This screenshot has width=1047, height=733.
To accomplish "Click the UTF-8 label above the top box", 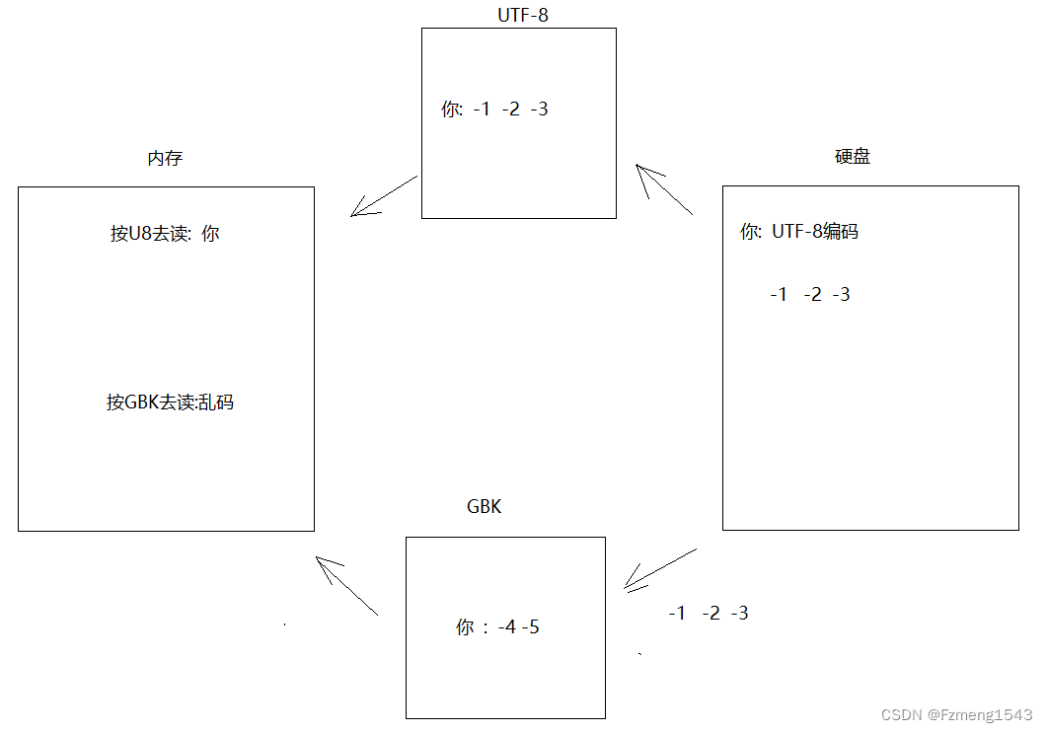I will [523, 15].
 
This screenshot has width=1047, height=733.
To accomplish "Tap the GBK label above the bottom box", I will [484, 507].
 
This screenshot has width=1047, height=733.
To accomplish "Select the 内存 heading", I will [165, 158].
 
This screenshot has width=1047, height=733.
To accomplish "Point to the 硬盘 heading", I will [853, 157].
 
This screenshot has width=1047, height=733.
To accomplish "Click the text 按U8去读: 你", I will [165, 234].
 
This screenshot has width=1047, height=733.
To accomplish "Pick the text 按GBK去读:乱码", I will [171, 403].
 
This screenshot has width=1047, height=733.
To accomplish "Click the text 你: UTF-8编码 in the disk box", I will [799, 233].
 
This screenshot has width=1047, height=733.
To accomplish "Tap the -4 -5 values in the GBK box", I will [518, 627].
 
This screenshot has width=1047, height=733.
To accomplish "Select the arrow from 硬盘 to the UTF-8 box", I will [665, 189].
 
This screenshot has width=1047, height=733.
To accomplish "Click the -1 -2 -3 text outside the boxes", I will [708, 614].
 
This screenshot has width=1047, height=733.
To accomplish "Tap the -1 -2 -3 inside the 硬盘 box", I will [810, 295].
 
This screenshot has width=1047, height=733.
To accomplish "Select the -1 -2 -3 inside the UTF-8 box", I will [510, 110].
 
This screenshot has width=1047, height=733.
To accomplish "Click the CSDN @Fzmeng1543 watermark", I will [956, 715].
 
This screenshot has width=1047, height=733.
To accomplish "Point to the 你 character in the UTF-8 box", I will [451, 110].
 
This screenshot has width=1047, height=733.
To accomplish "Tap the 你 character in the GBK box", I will [466, 627].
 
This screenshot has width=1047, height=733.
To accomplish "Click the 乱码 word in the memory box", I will [216, 403].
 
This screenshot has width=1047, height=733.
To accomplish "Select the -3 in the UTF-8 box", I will [539, 110].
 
